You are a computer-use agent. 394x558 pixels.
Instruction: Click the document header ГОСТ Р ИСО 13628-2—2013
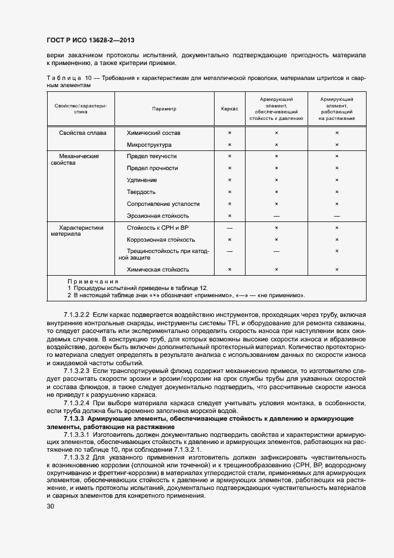(90, 41)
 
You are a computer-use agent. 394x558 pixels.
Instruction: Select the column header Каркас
(229, 109)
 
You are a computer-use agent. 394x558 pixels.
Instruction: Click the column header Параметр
(164, 109)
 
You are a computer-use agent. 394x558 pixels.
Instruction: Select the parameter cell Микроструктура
(149, 144)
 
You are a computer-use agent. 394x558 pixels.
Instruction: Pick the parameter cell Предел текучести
(151, 156)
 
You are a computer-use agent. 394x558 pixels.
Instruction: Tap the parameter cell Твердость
(141, 192)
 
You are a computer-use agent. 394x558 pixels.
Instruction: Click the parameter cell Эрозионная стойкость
(158, 215)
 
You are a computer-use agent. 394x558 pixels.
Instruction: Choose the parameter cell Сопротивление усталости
(163, 204)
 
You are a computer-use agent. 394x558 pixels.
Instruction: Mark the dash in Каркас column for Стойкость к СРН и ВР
(229, 228)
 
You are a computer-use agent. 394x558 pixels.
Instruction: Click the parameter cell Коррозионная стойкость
(157, 239)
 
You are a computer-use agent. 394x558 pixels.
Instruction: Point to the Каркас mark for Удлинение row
(229, 180)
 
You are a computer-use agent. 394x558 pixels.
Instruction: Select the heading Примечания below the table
(93, 280)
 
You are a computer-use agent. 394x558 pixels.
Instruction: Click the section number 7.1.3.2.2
(76, 315)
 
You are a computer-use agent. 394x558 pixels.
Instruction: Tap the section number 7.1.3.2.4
(76, 402)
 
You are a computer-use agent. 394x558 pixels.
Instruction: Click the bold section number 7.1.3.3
(74, 418)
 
